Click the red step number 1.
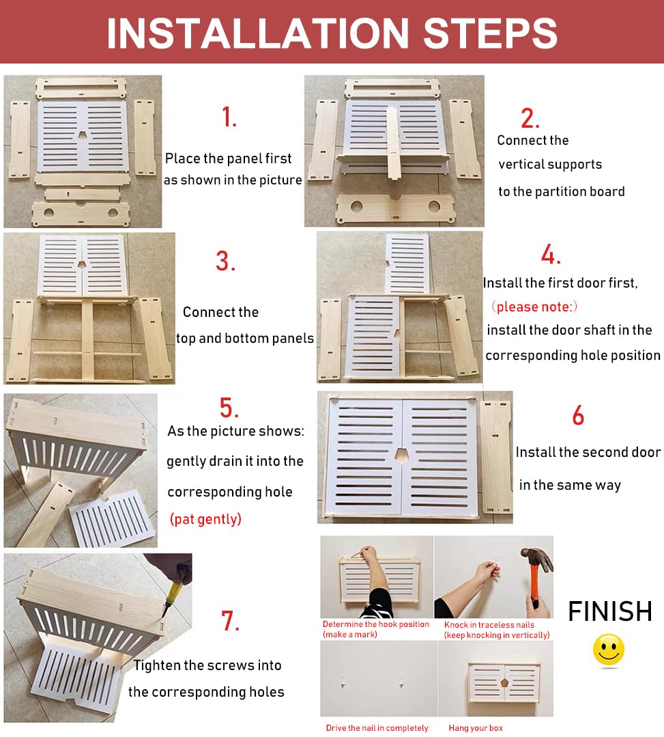pos(229,117)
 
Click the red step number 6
pos(578,415)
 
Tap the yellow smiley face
pos(609,650)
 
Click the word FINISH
pos(610,611)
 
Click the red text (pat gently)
pos(205,519)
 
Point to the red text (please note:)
pos(534,307)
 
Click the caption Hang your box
pos(475,727)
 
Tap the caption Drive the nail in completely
pos(377,727)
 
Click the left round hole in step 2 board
pos(356,206)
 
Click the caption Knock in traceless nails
pos(489,625)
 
